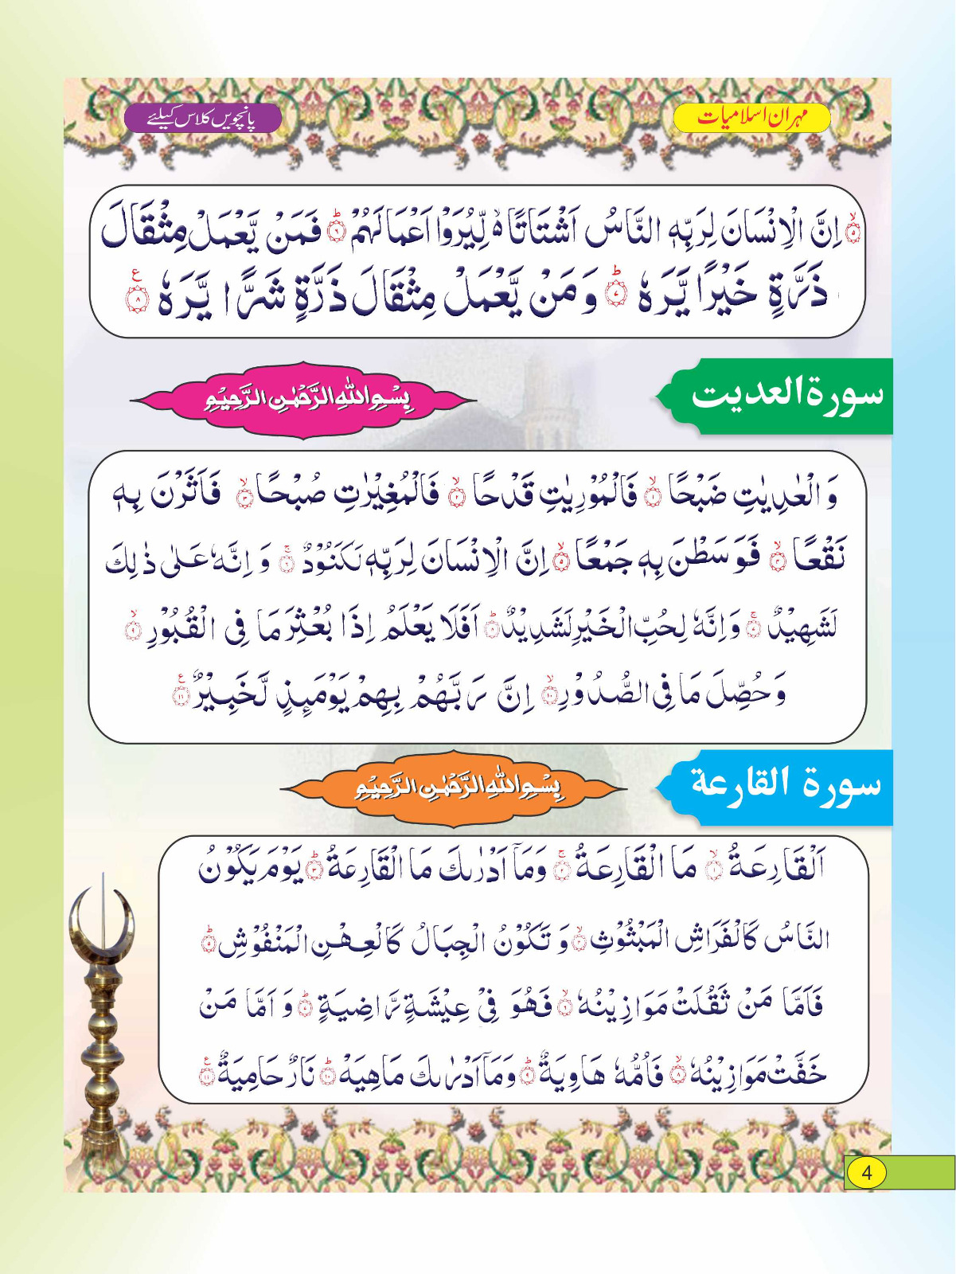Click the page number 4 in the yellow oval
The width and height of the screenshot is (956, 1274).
point(866,1173)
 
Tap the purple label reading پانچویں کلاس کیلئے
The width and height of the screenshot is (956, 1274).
point(202,119)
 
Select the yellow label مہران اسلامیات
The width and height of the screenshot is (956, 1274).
point(751,118)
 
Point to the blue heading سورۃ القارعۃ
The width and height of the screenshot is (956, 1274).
point(785,785)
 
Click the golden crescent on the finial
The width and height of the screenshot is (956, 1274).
point(101,924)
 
